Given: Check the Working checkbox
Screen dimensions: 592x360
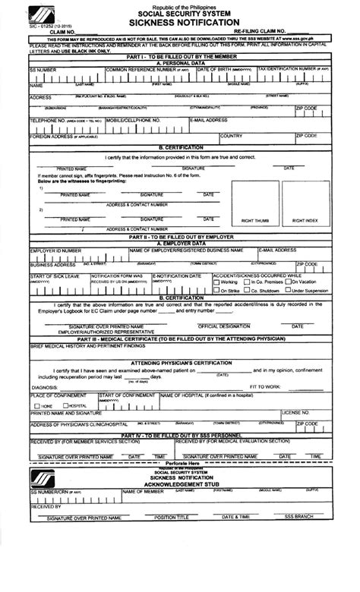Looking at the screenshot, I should [216, 282].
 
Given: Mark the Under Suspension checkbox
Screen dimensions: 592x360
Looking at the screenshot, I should [286, 290].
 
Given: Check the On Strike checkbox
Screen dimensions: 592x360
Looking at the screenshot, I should [216, 290].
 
